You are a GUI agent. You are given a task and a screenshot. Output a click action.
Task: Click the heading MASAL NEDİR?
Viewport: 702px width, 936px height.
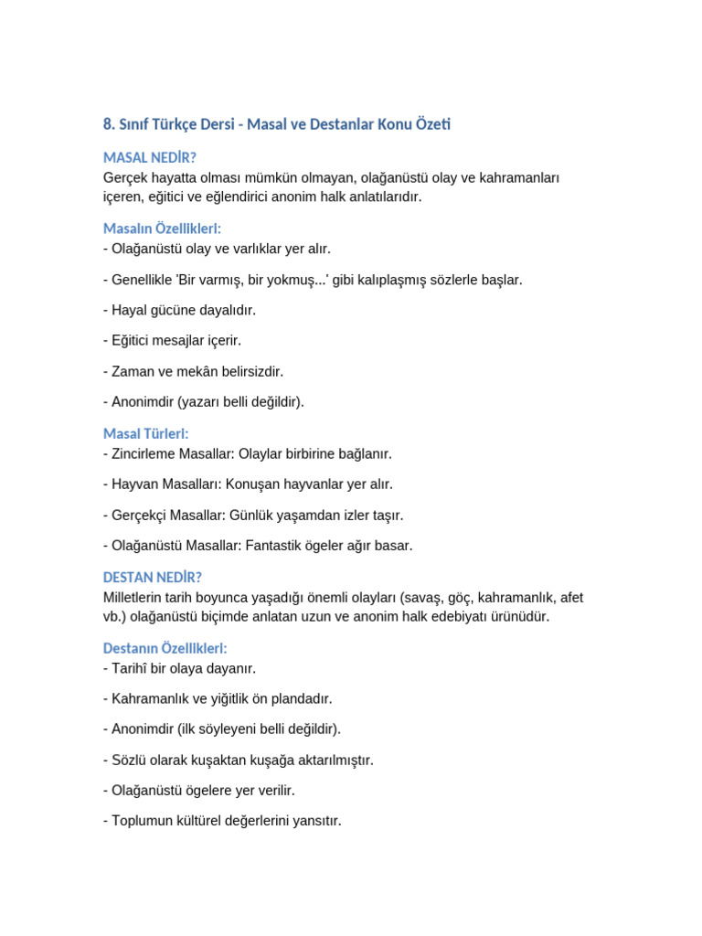click(150, 158)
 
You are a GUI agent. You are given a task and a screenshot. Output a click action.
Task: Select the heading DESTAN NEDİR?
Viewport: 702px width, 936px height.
click(153, 578)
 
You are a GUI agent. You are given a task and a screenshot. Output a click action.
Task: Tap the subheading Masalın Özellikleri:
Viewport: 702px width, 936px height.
click(162, 229)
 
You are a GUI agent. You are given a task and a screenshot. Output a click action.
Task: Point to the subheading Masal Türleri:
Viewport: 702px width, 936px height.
click(146, 434)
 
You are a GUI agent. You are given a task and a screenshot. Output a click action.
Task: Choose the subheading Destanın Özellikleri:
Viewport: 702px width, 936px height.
click(165, 648)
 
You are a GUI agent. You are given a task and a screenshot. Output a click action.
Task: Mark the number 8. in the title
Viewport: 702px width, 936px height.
click(110, 124)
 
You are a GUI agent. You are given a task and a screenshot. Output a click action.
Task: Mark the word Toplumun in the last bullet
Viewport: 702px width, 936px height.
click(143, 821)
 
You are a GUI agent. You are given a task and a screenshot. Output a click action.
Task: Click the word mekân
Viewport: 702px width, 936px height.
click(217, 372)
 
